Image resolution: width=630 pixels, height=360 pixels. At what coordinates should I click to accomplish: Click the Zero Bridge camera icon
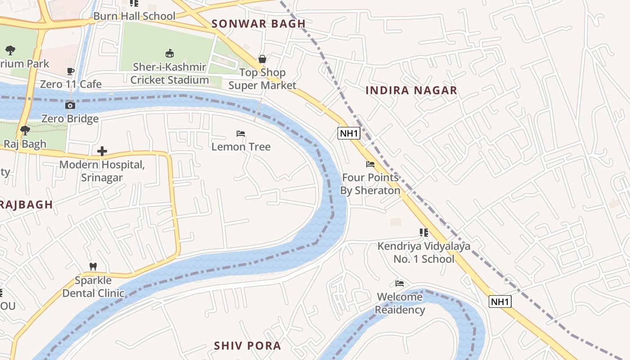click(x=70, y=105)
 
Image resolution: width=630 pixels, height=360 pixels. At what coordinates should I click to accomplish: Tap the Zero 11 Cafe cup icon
click(x=71, y=71)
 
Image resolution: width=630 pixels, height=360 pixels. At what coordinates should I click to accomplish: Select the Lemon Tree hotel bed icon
click(x=241, y=134)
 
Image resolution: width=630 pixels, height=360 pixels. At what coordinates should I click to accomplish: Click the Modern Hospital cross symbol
click(x=102, y=151)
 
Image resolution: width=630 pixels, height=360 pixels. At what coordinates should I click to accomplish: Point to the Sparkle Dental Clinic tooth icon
click(x=93, y=266)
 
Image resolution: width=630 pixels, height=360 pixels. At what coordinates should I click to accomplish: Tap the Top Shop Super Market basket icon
click(x=262, y=59)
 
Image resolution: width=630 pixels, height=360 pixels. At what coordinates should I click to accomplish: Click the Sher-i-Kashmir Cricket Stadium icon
click(x=170, y=54)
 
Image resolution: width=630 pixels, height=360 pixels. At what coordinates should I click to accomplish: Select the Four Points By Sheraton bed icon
click(x=370, y=164)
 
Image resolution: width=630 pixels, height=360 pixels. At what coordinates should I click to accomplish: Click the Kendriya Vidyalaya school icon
click(x=423, y=233)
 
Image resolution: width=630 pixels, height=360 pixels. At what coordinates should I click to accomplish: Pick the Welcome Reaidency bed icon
click(x=400, y=283)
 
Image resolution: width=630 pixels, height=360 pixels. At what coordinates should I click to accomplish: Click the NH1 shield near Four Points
click(x=349, y=133)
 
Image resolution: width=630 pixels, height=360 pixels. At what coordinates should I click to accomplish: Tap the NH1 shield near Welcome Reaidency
click(x=500, y=301)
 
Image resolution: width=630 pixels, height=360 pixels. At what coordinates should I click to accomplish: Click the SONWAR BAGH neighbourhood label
click(x=258, y=24)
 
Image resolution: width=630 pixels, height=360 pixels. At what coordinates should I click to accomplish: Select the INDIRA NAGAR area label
click(x=411, y=90)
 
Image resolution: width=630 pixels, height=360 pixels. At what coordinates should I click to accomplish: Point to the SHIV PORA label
click(x=247, y=346)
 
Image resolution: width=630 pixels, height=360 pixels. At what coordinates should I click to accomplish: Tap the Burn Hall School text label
click(x=134, y=16)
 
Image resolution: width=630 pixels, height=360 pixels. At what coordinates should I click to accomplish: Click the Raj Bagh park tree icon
click(x=25, y=130)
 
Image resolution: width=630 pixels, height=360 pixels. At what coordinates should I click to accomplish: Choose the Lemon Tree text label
click(x=241, y=147)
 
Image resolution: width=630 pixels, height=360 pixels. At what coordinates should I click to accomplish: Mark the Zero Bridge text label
click(x=70, y=119)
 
